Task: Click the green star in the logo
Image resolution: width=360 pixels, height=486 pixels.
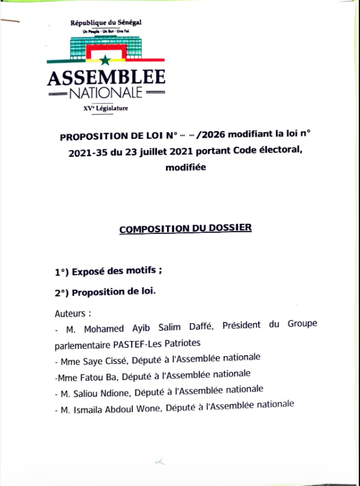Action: click(105, 60)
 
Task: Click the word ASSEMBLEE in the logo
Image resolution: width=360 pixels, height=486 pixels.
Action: click(105, 77)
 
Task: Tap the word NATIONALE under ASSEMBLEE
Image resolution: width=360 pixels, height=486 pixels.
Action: click(106, 93)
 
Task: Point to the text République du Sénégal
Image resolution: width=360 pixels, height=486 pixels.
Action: click(106, 23)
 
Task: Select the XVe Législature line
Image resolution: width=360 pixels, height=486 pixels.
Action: click(106, 108)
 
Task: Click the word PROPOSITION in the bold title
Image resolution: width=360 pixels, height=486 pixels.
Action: click(93, 136)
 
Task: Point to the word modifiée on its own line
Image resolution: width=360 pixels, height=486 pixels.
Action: click(185, 168)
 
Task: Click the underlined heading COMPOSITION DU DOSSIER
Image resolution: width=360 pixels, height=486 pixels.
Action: click(186, 229)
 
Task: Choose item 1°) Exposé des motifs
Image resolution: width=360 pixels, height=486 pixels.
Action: click(109, 271)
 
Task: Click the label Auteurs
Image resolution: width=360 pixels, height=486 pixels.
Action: click(72, 313)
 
